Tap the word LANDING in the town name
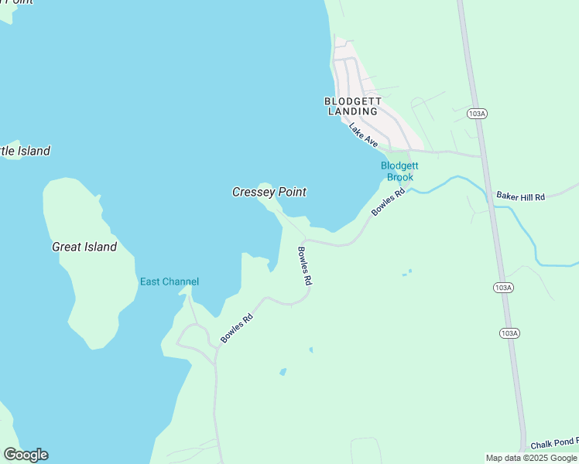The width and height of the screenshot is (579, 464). coord(353,111)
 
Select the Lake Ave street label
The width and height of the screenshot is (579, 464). coord(363,135)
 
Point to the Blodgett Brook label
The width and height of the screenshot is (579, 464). coord(399,171)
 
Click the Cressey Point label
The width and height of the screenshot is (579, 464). coord(269,192)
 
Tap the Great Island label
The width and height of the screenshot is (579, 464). coord(84,247)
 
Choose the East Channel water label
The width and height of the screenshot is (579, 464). coord(170,281)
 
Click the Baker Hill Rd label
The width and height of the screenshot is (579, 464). coord(521,197)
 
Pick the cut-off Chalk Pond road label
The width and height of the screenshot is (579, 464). coord(554,445)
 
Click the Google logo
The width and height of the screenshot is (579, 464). coord(26,455)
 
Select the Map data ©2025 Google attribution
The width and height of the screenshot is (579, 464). coord(531,458)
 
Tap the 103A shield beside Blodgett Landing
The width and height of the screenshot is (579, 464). coord(478,114)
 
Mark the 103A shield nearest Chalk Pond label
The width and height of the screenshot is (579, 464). coord(509,333)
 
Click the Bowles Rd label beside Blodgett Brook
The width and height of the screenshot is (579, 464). coord(388,203)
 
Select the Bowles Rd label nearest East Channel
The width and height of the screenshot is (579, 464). coord(237,328)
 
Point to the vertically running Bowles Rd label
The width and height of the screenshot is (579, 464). coord(304,266)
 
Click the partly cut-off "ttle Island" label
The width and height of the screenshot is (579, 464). coord(25,151)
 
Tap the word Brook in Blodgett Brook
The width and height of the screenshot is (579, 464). coord(400,177)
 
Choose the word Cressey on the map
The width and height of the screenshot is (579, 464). coord(251,192)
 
